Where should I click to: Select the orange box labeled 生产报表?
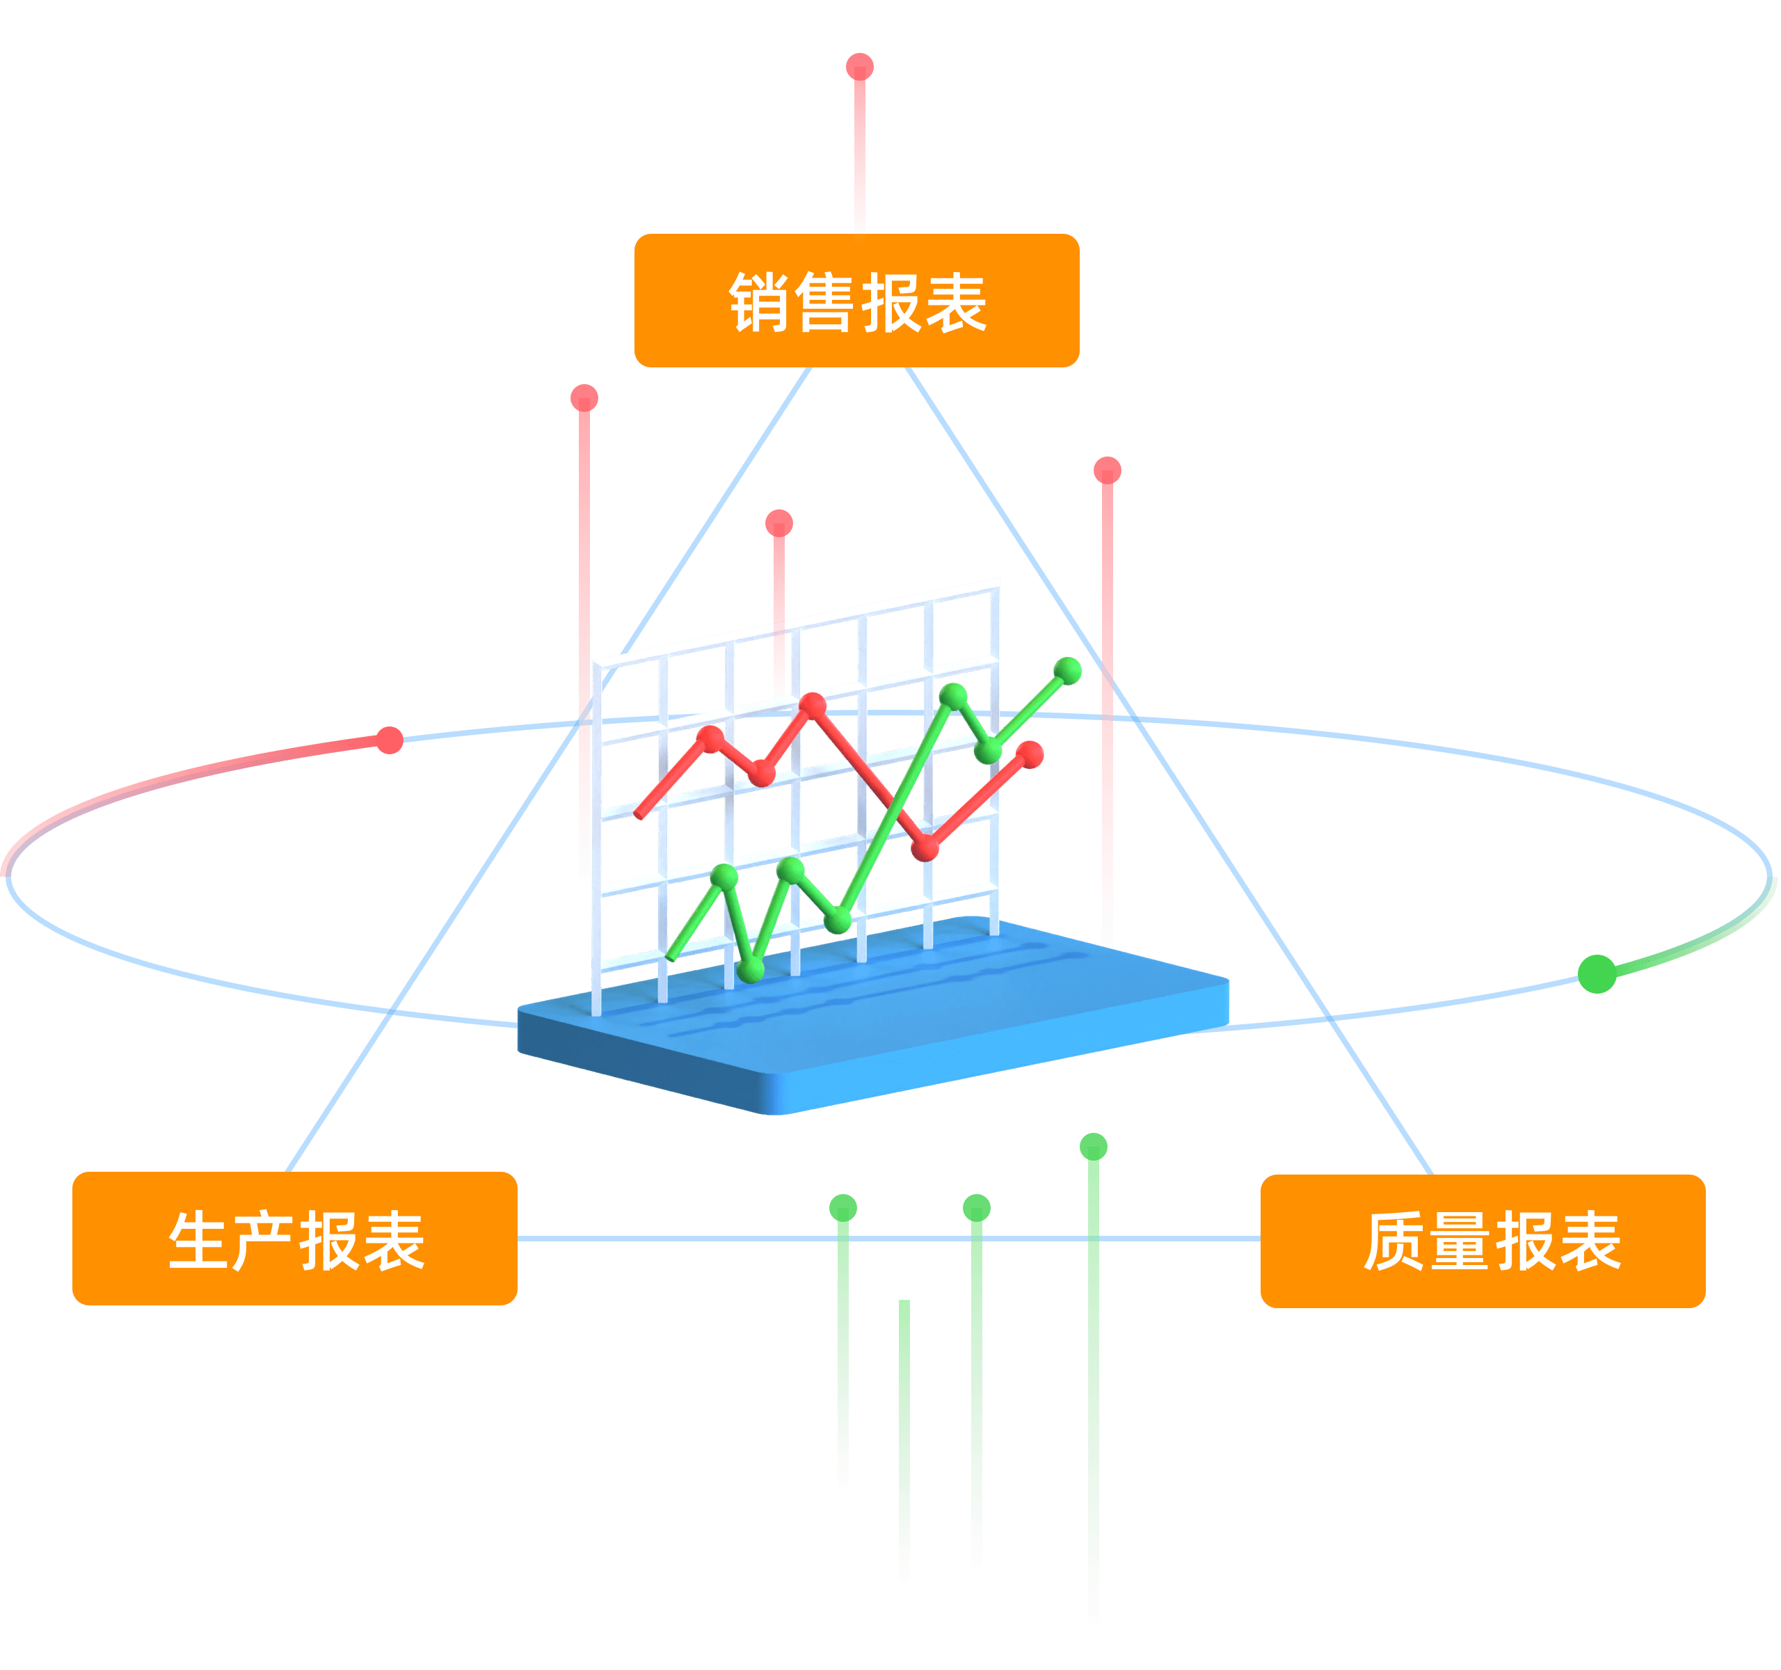(295, 1238)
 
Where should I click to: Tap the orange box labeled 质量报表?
(1483, 1241)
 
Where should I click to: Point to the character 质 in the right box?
(1394, 1242)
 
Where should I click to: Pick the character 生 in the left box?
(198, 1241)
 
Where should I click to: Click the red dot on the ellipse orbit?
(390, 740)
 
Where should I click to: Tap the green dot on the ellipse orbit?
(1597, 974)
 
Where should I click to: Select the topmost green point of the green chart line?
(1068, 669)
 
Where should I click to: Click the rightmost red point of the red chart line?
(1031, 754)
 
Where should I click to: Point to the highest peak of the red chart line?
(813, 705)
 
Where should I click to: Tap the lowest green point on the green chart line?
(751, 969)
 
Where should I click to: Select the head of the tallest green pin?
(1094, 1146)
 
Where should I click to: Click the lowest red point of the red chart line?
(925, 848)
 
